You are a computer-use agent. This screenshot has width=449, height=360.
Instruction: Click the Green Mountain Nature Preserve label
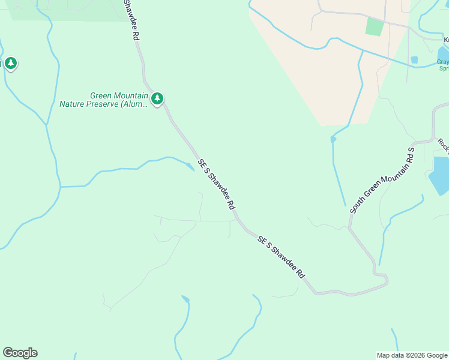[x=103, y=99]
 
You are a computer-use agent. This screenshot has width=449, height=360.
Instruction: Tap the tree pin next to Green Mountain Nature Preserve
[x=157, y=98]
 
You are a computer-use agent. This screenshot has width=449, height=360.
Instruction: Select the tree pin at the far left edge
[x=10, y=63]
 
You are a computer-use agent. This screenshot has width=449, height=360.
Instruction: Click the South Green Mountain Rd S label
[x=382, y=180]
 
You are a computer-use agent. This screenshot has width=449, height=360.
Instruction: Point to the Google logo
[x=20, y=353]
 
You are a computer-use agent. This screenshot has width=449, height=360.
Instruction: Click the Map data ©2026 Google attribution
[x=412, y=355]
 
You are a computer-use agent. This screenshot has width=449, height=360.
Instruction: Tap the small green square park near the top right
[x=374, y=26]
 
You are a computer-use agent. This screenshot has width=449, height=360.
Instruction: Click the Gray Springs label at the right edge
[x=443, y=65]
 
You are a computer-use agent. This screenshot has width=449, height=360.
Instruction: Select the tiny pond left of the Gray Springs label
[x=414, y=60]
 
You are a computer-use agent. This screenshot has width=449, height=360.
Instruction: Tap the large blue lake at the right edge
[x=439, y=175]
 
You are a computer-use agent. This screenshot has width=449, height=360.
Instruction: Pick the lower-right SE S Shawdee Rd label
[x=281, y=257]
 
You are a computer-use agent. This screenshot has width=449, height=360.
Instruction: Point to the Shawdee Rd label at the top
[x=131, y=19]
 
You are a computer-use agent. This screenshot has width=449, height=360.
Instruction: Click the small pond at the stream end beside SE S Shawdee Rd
[x=190, y=166]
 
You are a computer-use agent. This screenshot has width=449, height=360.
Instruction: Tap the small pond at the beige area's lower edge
[x=333, y=139]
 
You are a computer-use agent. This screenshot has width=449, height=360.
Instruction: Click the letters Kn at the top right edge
[x=446, y=40]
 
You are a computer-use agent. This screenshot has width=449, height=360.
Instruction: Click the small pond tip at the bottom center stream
[x=185, y=298]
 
